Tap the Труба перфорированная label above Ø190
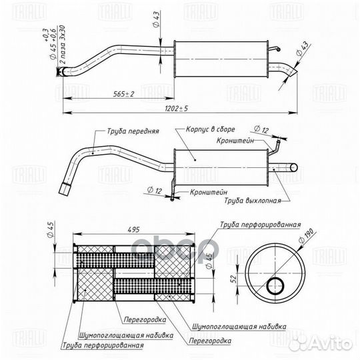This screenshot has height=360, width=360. point(259,225)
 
